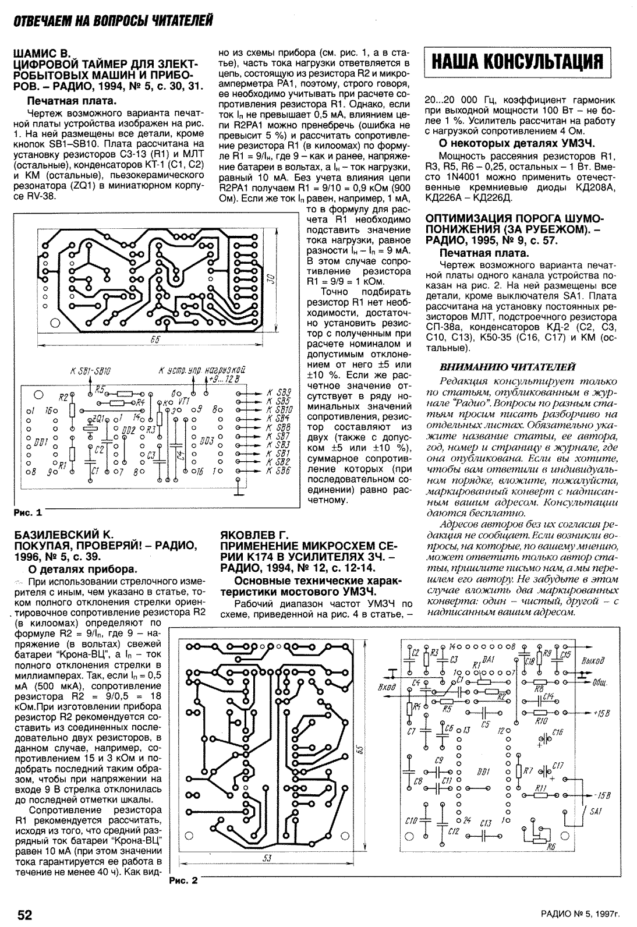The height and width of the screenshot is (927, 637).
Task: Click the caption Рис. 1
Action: (27, 513)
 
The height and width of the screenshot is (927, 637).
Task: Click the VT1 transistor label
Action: (184, 401)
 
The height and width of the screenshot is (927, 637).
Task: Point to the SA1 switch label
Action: (596, 812)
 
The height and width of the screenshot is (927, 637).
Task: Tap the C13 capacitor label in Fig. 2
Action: (485, 823)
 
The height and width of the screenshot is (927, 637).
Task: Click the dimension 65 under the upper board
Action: (155, 339)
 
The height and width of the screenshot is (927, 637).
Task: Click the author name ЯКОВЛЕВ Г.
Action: (254, 535)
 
